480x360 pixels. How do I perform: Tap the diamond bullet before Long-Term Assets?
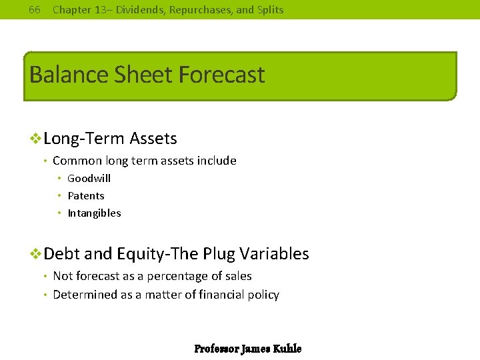coord(37,139)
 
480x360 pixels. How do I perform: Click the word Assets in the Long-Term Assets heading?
coord(153,139)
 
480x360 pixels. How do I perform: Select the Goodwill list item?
coord(89,178)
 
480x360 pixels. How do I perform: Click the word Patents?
coord(86,195)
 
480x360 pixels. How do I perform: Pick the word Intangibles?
coord(94,213)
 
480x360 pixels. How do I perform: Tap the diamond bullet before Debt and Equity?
coord(37,254)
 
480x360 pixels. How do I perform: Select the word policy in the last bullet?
coord(263,295)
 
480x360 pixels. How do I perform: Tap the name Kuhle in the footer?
coord(287,349)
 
